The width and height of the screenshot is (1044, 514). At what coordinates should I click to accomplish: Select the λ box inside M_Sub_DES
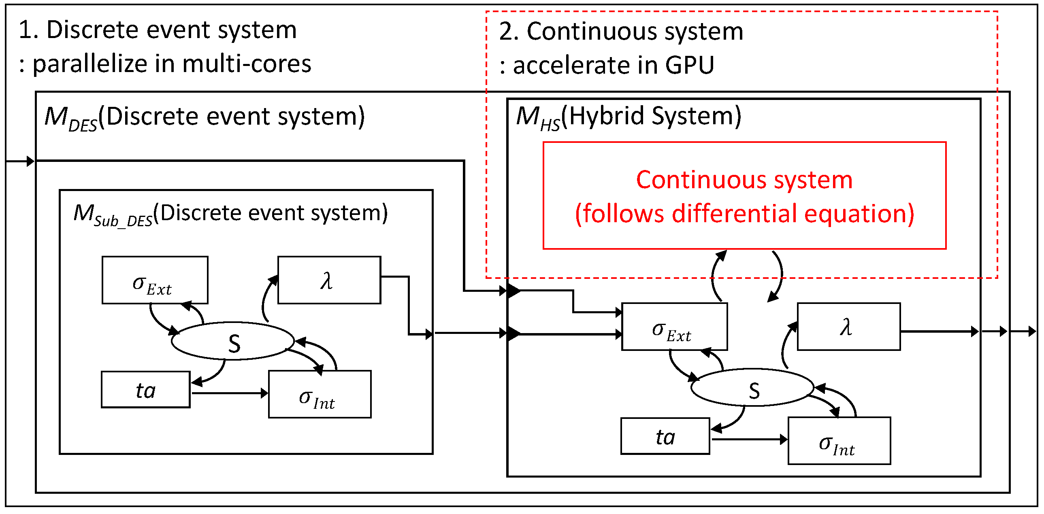coord(329,280)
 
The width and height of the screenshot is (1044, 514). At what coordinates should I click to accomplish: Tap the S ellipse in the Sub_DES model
coord(232,342)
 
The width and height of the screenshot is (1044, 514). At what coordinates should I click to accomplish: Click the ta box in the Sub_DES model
coord(145,390)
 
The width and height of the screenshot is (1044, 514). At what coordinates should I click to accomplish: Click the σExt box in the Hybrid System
coord(674,327)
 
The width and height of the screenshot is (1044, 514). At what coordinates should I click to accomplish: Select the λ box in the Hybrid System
coord(849,327)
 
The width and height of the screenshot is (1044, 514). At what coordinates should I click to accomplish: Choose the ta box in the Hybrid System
coord(665,437)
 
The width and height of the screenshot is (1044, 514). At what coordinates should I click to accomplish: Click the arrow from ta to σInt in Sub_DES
coord(229,393)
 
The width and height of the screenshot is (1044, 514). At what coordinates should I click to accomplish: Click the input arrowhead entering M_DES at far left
coord(30,161)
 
